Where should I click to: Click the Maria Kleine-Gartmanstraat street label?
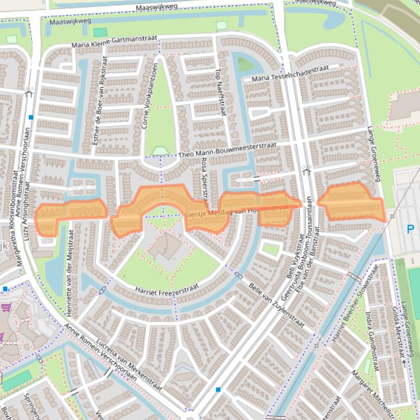[x=114, y=41]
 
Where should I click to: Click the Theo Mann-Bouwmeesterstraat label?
[x=227, y=151]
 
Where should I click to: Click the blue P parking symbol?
[x=410, y=230]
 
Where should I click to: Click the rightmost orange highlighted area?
[x=351, y=203]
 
